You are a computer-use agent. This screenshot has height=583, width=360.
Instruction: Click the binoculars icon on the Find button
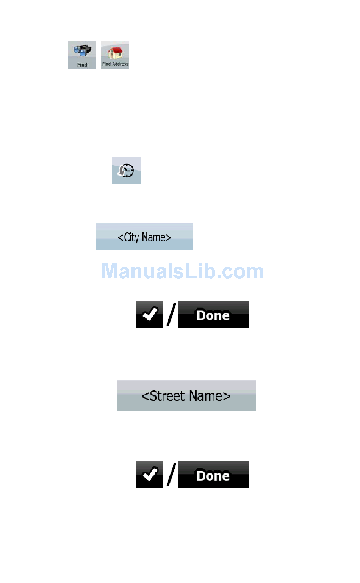tap(82, 51)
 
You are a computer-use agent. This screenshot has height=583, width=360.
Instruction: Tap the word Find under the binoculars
tap(82, 65)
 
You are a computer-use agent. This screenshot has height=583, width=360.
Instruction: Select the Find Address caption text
tap(115, 64)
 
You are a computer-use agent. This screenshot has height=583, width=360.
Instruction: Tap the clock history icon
tap(126, 171)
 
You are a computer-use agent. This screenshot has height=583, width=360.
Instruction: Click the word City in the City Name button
tap(131, 237)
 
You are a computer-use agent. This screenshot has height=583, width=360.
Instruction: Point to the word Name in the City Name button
tap(153, 237)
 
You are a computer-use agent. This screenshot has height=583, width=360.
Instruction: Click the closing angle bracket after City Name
tap(169, 238)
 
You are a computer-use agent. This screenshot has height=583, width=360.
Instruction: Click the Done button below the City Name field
tap(213, 315)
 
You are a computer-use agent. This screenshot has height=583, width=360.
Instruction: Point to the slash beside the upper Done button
tap(171, 314)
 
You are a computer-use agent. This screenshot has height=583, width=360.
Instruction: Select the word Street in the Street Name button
tap(167, 396)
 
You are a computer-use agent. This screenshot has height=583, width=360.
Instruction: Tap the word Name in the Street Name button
tap(205, 396)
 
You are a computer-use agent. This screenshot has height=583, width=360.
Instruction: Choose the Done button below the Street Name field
tap(213, 475)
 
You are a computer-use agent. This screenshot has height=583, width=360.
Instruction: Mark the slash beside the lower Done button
tap(171, 475)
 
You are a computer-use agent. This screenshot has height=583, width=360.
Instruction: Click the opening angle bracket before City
tap(121, 238)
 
